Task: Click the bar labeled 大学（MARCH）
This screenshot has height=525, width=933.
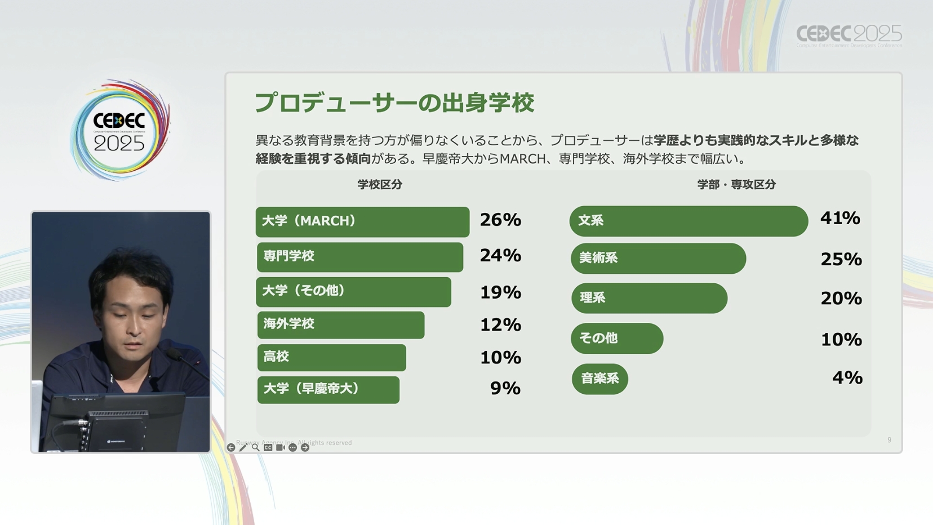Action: click(362, 221)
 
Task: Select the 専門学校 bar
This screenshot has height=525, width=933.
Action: click(359, 257)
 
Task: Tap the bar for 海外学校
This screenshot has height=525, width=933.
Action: click(340, 324)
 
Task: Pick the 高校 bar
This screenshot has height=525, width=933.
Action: click(331, 357)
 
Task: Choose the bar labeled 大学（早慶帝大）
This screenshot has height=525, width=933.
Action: click(328, 389)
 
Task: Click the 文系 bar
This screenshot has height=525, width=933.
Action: click(688, 221)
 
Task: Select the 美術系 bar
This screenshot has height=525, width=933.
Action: click(657, 259)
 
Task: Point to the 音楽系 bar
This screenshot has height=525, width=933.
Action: click(599, 379)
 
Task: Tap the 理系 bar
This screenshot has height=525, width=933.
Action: click(648, 298)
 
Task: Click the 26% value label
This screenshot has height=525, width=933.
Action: click(500, 220)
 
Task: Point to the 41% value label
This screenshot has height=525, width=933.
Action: click(840, 218)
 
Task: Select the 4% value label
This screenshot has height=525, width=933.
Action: click(847, 377)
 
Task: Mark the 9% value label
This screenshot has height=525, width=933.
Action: click(505, 388)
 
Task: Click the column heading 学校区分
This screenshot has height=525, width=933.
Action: click(380, 184)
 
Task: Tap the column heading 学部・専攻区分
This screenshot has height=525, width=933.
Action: click(736, 184)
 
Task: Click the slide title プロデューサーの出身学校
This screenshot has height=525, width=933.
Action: click(394, 103)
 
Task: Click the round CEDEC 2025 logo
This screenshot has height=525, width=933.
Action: click(119, 130)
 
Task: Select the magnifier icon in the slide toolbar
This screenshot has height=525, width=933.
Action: click(256, 447)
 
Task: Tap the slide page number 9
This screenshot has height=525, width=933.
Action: click(889, 440)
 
